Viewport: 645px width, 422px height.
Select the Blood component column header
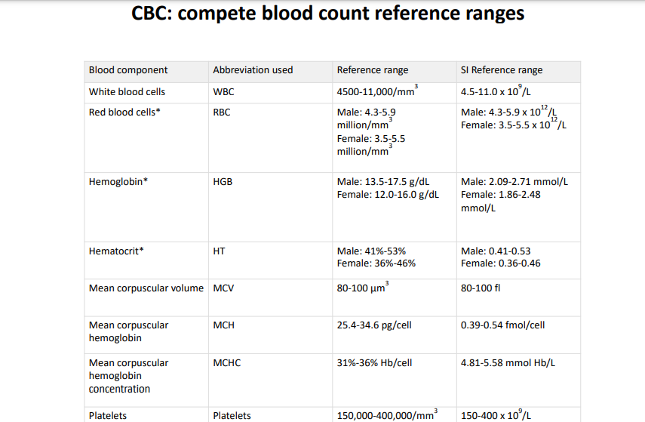click(128, 70)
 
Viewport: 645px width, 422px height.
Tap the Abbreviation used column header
click(253, 70)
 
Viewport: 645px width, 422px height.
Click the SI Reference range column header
click(502, 70)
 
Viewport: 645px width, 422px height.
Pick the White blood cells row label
click(127, 92)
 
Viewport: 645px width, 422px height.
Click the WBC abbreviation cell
click(224, 92)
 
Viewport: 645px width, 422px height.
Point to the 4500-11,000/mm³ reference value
click(377, 92)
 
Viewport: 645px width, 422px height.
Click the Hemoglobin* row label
click(118, 182)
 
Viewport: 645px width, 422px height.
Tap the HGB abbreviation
click(224, 182)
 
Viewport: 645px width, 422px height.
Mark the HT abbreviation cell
click(220, 251)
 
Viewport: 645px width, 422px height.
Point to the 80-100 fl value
click(480, 288)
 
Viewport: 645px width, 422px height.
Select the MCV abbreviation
click(224, 288)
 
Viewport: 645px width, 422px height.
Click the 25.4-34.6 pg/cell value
click(374, 325)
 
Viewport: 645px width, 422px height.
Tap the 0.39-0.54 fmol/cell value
click(502, 325)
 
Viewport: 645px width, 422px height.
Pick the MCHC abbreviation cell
click(227, 363)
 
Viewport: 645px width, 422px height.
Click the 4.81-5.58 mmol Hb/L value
click(508, 363)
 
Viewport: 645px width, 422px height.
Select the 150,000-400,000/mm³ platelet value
click(386, 415)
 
